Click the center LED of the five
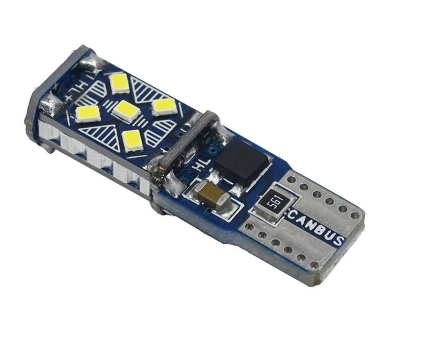(126, 111)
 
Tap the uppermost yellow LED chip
(119, 83)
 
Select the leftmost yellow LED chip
(88, 114)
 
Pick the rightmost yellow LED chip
(163, 107)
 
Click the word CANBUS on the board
(316, 226)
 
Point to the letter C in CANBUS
(292, 213)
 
